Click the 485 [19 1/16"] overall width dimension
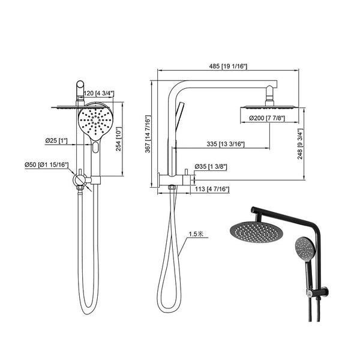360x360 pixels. pyautogui.click(x=229, y=65)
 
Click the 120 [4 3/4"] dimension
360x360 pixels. pyautogui.click(x=99, y=94)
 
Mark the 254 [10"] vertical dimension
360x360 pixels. pyautogui.click(x=118, y=140)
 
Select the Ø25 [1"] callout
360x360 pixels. pyautogui.click(x=56, y=141)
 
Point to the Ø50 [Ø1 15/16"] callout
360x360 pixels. pyautogui.click(x=46, y=164)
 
